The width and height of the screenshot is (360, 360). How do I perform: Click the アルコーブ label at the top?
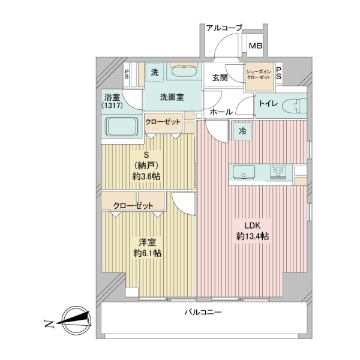224,28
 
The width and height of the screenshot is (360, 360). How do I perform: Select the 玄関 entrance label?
220,76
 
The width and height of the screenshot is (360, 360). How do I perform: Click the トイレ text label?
268,104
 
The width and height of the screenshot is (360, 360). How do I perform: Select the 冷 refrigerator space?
242,129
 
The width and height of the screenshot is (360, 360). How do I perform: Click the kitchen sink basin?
242,172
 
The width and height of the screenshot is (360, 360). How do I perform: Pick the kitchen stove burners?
279,172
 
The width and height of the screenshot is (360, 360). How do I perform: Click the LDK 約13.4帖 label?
251,231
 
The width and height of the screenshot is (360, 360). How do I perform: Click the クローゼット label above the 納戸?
163,122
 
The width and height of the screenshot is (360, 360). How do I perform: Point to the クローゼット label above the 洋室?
133,206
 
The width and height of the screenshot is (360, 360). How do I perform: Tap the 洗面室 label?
171,97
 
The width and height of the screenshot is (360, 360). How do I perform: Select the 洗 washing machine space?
154,72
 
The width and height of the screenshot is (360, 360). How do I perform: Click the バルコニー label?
202,313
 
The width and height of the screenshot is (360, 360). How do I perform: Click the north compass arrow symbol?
73,320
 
